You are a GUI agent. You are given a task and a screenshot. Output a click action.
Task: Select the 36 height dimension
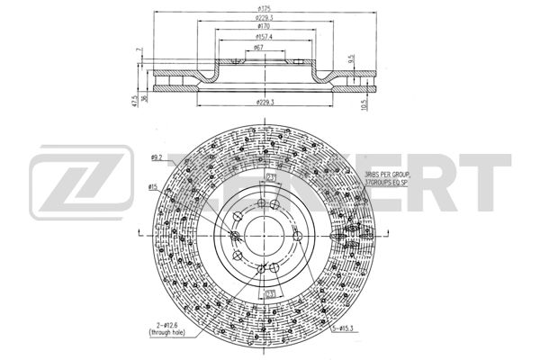click(144, 98)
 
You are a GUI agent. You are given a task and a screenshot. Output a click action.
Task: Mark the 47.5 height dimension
click(133, 102)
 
